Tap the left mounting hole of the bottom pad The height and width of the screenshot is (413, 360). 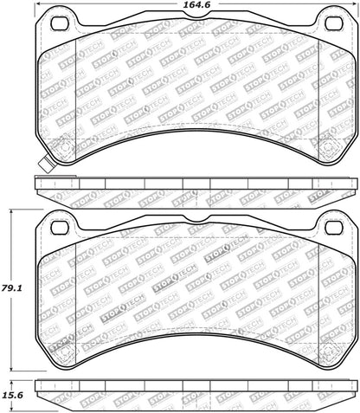pos(61,227)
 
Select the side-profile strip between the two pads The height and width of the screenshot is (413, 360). pos(195,183)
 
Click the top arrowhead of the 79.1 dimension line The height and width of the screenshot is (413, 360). pos(12,210)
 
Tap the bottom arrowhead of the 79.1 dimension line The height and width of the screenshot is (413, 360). pos(12,368)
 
